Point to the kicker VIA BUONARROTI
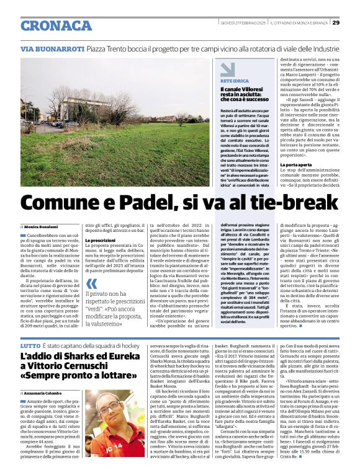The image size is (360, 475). point(52,48)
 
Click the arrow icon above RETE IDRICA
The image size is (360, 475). point(227,69)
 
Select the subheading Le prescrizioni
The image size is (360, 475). point(100,239)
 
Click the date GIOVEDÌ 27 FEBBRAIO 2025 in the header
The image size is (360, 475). point(243,23)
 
